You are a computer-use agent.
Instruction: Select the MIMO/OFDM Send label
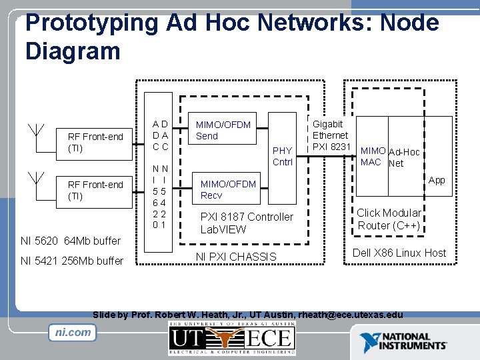coord(223,130)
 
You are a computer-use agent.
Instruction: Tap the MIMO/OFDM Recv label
coord(228,189)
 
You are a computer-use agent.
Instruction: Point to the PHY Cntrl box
coord(283,156)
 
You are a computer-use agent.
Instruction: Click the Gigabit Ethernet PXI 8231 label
coord(331,135)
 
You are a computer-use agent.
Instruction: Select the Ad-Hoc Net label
coord(404,157)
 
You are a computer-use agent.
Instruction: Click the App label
coord(437,180)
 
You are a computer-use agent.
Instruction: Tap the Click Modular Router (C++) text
coord(389,219)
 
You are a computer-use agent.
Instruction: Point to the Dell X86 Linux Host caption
coord(399,253)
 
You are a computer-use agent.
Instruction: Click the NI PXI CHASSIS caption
coord(236,257)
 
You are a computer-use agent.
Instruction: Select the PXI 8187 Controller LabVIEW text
coord(247,223)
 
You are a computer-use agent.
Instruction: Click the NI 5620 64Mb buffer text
coord(71,241)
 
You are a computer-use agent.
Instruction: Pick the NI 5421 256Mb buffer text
coord(72,261)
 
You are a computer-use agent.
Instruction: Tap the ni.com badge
coord(72,331)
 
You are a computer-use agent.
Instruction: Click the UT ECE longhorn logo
coord(231,338)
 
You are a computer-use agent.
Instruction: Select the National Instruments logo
coord(404,342)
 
